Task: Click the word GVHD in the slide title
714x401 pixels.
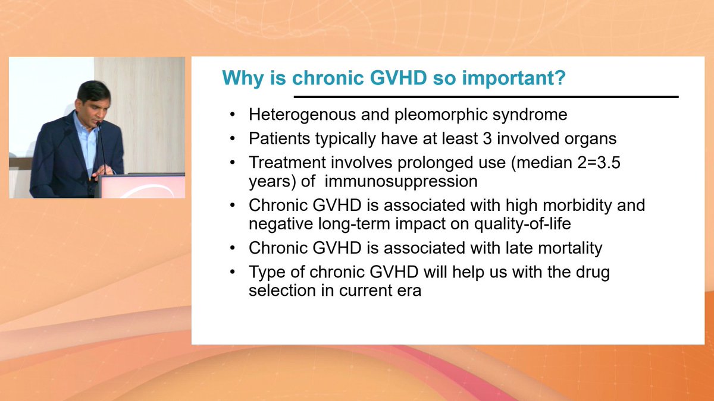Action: click(398, 77)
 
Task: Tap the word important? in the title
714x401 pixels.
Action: click(514, 78)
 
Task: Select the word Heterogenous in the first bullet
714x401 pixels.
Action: click(302, 115)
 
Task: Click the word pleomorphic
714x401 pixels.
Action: click(441, 115)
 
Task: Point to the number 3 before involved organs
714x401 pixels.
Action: click(487, 138)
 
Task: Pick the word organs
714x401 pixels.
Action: click(590, 140)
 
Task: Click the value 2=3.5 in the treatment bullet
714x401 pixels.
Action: click(599, 163)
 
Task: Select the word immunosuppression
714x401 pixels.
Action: click(401, 182)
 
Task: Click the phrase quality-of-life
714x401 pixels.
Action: click(522, 224)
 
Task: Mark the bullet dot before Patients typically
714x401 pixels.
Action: click(232, 139)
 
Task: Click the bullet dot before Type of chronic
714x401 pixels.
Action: click(232, 272)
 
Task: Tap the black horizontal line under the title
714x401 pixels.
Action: click(486, 97)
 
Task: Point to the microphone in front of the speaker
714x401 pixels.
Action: click(101, 147)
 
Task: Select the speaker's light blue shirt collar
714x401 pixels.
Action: click(84, 123)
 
